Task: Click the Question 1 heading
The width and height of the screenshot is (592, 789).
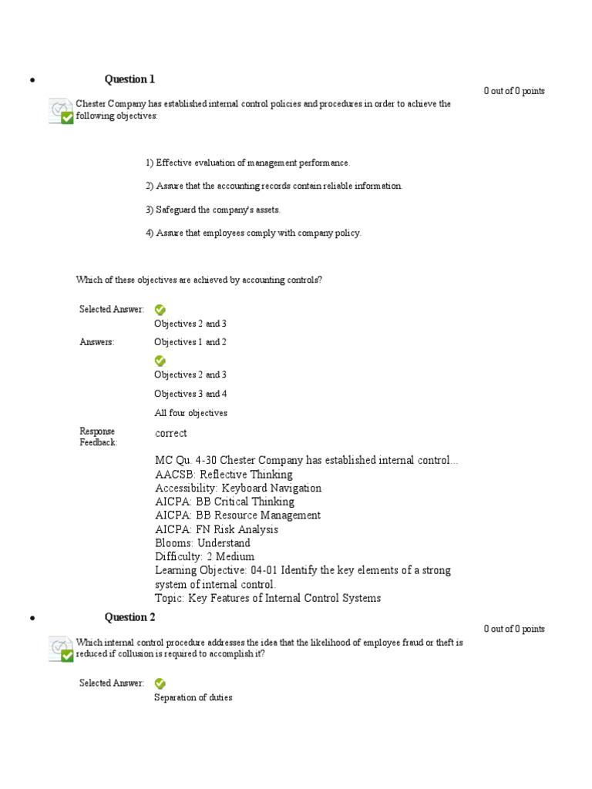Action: click(x=129, y=79)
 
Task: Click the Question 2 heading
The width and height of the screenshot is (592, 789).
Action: click(x=129, y=616)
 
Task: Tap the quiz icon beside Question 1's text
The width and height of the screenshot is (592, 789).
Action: click(x=61, y=111)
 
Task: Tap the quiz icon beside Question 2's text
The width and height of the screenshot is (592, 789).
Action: click(x=61, y=649)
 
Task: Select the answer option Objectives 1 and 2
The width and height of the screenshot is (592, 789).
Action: click(x=190, y=342)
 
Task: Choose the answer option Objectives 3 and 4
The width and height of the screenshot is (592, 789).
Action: click(x=190, y=394)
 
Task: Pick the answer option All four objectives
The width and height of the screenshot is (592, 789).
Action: click(x=190, y=413)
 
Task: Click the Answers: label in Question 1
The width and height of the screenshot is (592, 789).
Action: click(x=97, y=342)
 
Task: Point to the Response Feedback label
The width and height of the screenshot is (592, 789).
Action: click(x=98, y=437)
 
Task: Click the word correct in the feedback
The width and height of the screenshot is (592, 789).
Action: click(x=170, y=433)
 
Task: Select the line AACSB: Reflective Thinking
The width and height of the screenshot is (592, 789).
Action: click(x=224, y=475)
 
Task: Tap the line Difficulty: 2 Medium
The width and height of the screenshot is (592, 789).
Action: click(x=204, y=556)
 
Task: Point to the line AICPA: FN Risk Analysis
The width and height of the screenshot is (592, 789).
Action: click(x=217, y=529)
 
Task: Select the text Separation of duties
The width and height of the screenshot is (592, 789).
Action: click(x=193, y=698)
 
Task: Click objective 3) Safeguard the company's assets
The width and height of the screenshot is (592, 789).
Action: click(x=214, y=210)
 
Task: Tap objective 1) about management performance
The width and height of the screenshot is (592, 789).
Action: click(x=247, y=163)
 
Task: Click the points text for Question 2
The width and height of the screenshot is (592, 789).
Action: click(x=514, y=629)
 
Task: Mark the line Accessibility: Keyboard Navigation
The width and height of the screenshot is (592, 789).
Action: click(x=237, y=488)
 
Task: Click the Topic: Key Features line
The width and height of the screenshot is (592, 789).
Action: click(x=267, y=598)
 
